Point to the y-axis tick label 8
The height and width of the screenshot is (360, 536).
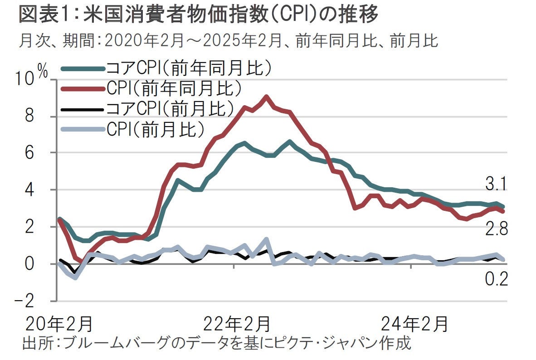point(30,117)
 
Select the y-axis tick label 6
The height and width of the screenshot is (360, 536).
point(30,153)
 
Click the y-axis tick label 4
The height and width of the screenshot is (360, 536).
point(30,190)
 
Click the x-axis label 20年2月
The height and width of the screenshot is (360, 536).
point(59,325)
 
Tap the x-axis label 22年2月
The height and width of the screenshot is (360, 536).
point(237,325)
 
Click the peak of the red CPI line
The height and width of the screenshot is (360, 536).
point(266,97)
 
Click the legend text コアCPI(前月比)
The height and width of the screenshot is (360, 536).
point(170,108)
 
